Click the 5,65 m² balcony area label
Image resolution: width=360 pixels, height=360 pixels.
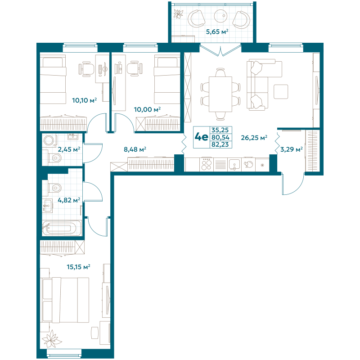[x=217, y=31]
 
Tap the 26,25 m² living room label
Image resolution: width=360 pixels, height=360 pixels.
[x=254, y=138]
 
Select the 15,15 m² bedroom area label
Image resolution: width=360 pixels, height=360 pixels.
[x=78, y=267]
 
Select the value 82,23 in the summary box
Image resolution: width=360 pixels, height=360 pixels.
[x=220, y=144]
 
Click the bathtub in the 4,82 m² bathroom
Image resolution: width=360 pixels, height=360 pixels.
[x=62, y=227]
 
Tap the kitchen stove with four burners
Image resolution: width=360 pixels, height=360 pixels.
[x=206, y=164]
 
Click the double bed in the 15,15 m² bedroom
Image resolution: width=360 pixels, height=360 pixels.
[x=65, y=300]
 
